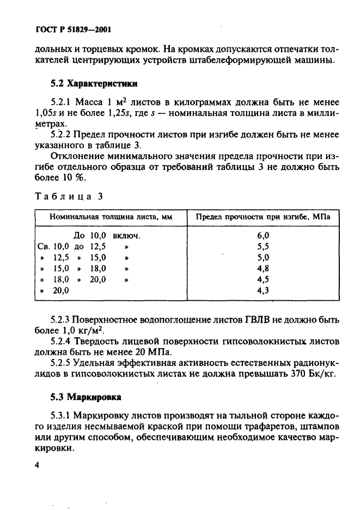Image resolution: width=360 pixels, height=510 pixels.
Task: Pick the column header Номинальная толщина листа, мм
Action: click(111, 216)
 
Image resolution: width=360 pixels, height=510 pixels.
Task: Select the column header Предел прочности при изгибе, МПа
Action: click(263, 216)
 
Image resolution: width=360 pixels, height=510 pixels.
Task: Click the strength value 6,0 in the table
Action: click(263, 235)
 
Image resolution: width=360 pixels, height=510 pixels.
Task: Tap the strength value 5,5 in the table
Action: click(263, 246)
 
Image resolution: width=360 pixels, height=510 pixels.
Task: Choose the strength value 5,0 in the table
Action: click(263, 257)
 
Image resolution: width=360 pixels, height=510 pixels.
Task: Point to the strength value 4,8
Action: click(263, 268)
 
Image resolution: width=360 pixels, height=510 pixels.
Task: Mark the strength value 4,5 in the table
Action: click(263, 279)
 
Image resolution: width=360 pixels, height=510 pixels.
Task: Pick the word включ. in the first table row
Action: click(126, 235)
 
